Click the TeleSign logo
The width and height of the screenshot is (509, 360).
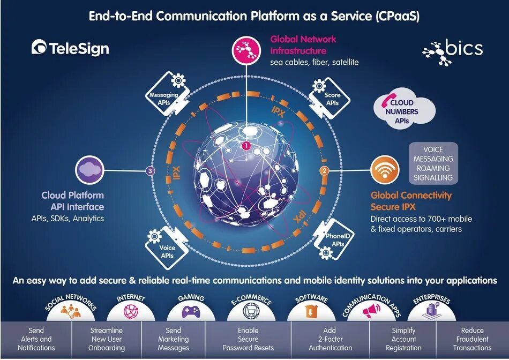click(x=70, y=48)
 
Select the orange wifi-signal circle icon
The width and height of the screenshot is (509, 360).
click(x=385, y=170)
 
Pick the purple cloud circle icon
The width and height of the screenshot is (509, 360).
click(x=89, y=170)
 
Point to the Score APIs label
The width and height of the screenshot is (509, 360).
click(x=332, y=99)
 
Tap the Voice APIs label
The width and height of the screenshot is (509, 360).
click(x=167, y=252)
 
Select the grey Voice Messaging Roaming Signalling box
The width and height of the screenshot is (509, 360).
click(x=433, y=163)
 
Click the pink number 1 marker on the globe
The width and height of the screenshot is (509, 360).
click(x=246, y=145)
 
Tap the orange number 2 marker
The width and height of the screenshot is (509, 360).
click(x=324, y=171)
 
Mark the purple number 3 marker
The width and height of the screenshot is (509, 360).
click(x=150, y=171)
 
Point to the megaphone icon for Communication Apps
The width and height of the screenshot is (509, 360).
click(x=371, y=310)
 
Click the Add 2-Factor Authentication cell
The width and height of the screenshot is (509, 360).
click(x=331, y=339)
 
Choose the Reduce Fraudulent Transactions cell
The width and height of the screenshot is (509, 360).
click(x=472, y=339)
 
